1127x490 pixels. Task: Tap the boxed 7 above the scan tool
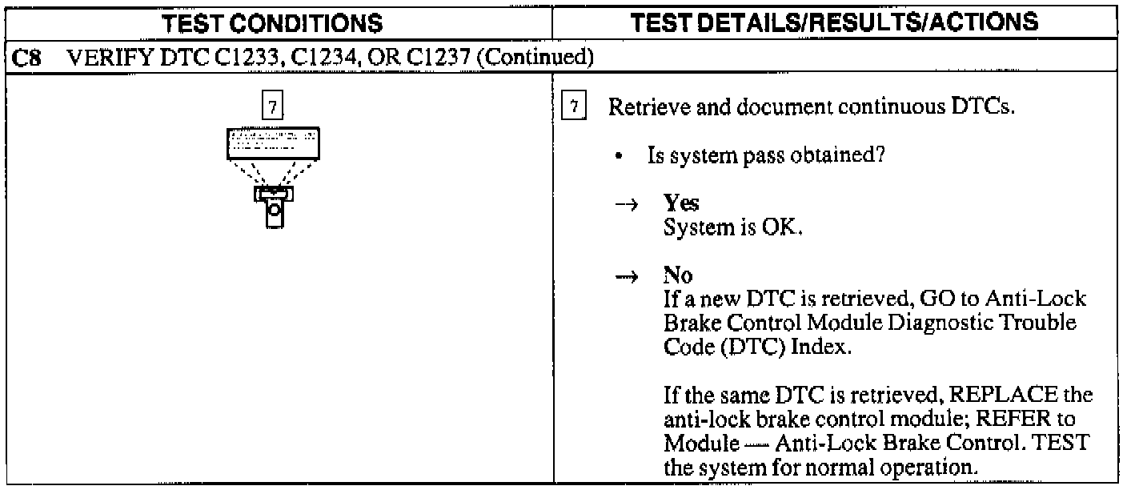coord(273,108)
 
